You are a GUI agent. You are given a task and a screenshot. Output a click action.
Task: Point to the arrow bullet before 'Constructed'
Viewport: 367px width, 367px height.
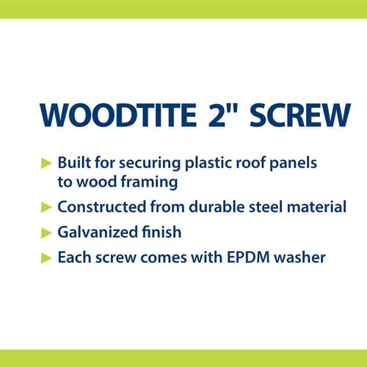[x=48, y=207]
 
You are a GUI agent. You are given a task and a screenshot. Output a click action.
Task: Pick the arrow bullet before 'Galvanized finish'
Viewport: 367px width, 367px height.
[x=48, y=233]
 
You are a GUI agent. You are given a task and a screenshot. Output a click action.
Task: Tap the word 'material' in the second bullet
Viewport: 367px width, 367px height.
[x=319, y=207]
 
